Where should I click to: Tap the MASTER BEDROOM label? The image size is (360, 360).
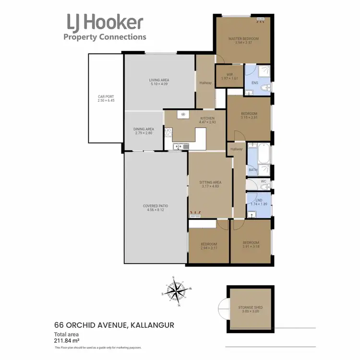pyautogui.click(x=243, y=38)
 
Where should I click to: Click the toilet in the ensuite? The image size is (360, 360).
pyautogui.click(x=267, y=88)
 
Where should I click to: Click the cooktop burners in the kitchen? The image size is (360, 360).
pyautogui.click(x=168, y=132)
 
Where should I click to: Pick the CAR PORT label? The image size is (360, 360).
pyautogui.click(x=106, y=96)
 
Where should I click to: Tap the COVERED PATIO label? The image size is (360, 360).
pyautogui.click(x=155, y=206)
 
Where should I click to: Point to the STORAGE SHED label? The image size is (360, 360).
pyautogui.click(x=251, y=307)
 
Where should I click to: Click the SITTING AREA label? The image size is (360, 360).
pyautogui.click(x=210, y=182)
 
